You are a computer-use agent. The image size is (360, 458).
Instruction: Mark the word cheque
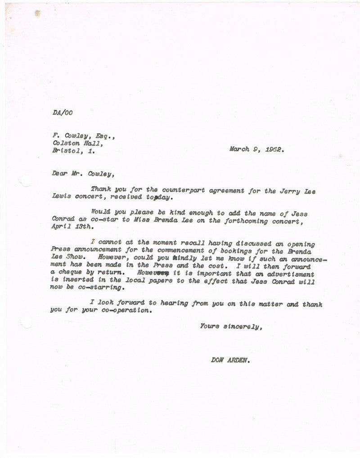coord(72,273)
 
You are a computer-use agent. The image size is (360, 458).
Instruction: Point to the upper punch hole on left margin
coord(26,181)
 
